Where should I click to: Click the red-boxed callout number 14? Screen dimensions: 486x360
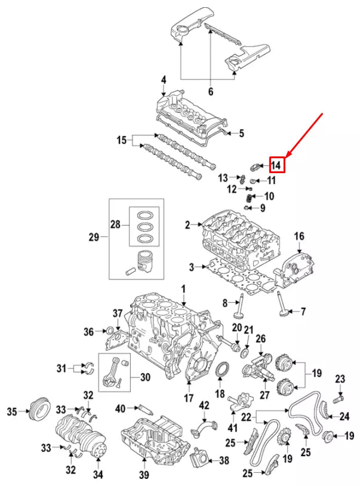(277, 164)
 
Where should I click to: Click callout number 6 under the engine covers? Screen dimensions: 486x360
(210, 91)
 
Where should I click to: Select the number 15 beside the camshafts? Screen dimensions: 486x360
(122, 141)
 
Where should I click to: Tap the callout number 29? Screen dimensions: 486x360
(94, 237)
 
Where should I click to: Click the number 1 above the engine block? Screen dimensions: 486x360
(184, 289)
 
